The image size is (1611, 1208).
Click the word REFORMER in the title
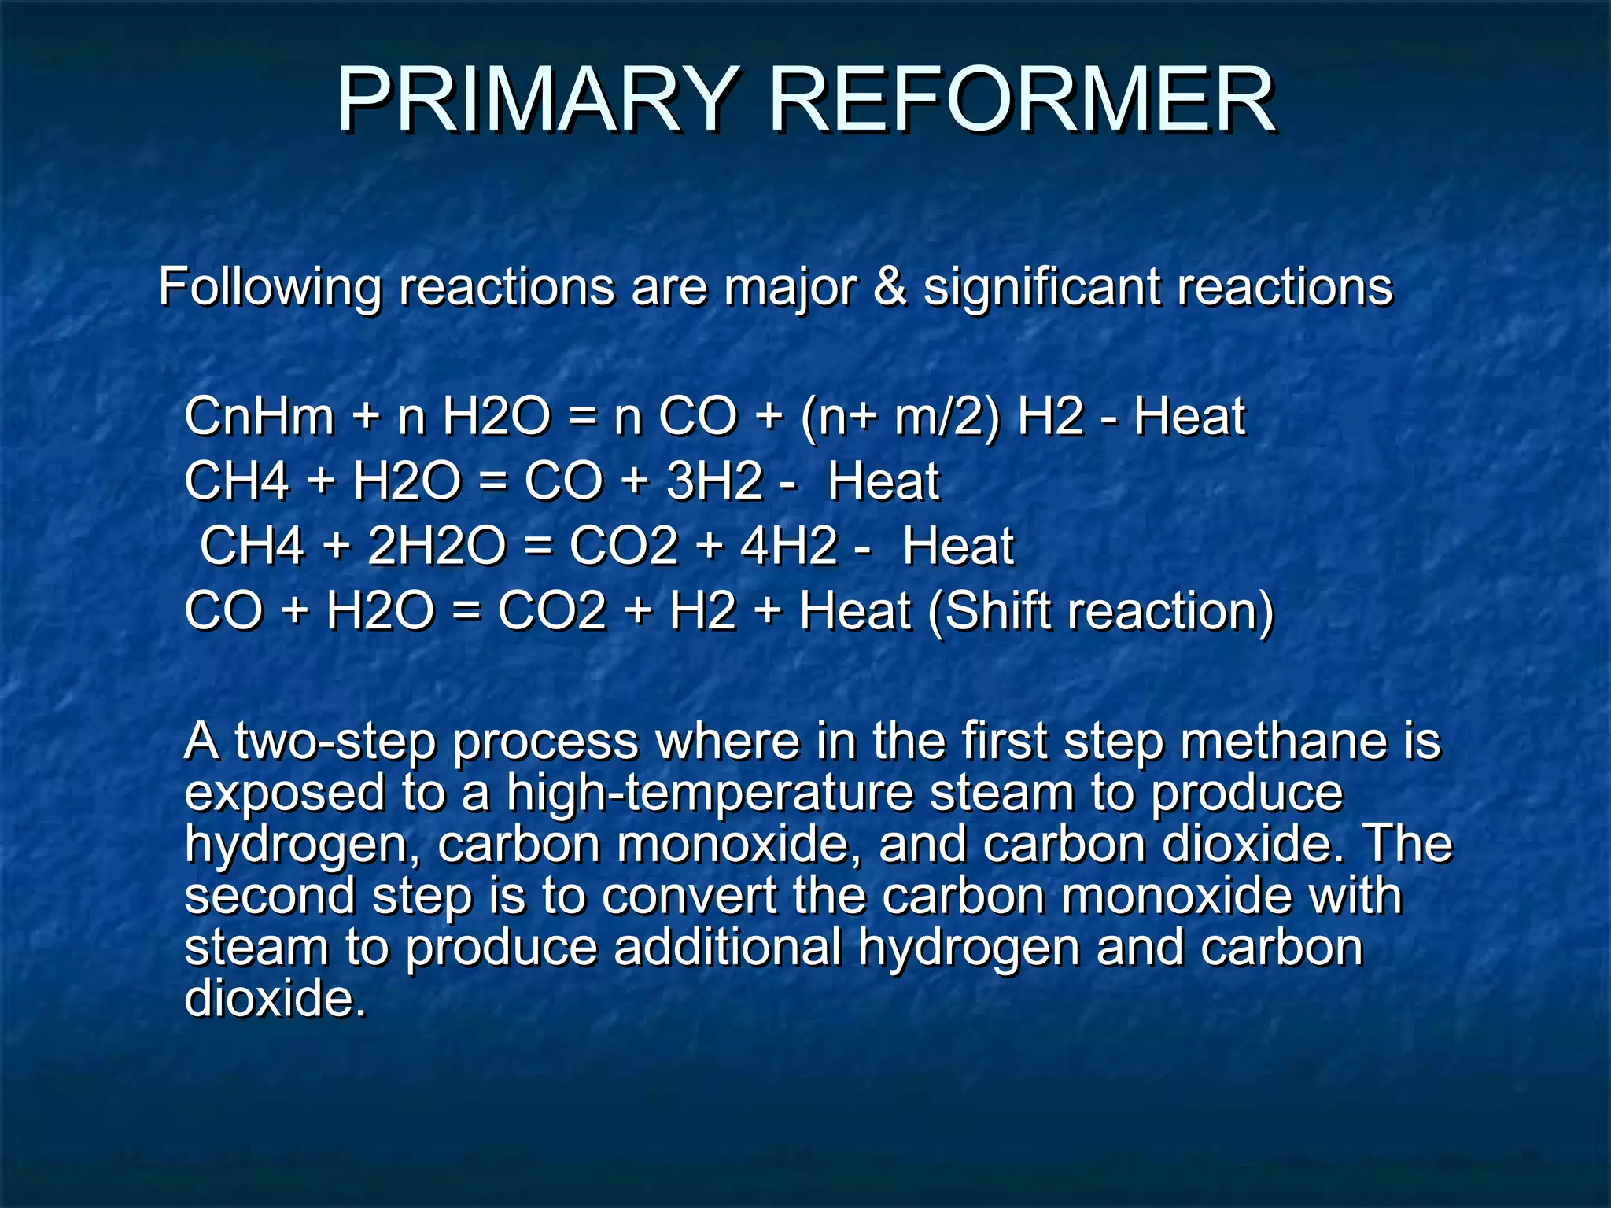(x=1022, y=101)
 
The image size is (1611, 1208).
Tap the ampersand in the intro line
(x=889, y=286)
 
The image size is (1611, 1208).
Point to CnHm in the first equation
(x=260, y=416)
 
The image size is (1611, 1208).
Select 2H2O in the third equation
(x=437, y=546)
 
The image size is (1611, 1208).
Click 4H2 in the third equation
(x=789, y=546)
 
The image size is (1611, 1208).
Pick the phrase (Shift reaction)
(x=1100, y=611)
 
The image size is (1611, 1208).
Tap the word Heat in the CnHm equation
(x=1189, y=416)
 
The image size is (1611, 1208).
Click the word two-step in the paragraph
(x=334, y=742)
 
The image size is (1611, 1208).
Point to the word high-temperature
(x=710, y=794)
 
